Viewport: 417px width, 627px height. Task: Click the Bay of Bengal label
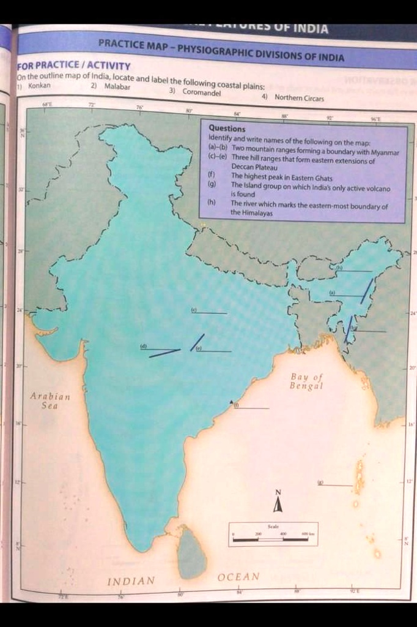click(306, 381)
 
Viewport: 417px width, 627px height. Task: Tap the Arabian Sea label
click(50, 400)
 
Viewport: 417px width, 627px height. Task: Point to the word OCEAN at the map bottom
click(238, 577)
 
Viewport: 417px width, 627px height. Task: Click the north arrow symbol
click(278, 503)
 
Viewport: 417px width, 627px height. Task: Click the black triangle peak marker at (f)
click(232, 402)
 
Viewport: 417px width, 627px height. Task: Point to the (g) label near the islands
click(320, 482)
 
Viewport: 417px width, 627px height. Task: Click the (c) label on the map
click(193, 310)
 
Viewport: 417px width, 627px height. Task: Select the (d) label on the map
click(144, 347)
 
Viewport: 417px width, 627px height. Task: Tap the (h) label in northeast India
click(338, 268)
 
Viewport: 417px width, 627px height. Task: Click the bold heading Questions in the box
click(227, 129)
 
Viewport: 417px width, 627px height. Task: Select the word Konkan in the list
click(39, 86)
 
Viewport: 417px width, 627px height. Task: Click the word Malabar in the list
click(117, 87)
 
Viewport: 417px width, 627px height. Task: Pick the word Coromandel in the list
click(201, 93)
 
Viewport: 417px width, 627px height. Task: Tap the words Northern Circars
click(299, 97)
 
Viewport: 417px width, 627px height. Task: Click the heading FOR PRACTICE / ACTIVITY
click(73, 66)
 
